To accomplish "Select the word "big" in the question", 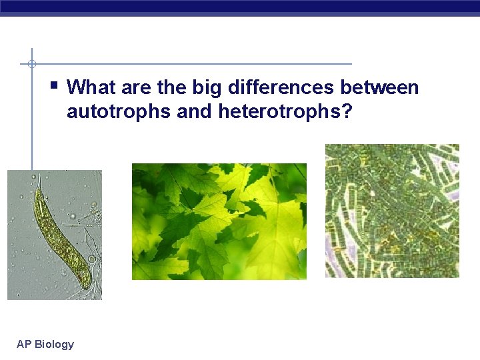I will coord(206,87).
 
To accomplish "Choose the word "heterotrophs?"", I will coord(285,111).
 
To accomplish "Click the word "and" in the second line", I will coord(195,111).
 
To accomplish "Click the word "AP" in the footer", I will coord(23,344).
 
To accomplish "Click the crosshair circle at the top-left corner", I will coord(31,64).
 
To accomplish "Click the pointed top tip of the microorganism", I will coord(39,176).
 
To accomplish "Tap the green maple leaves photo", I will coord(219,221).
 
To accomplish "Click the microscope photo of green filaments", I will coord(392,211).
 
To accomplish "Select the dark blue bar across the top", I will coord(240,7).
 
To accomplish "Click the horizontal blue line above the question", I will coord(200,64).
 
